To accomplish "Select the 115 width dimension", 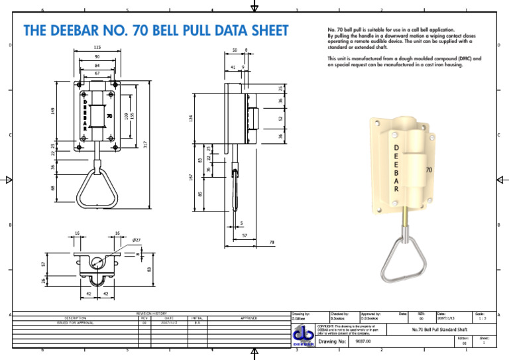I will point(97,48).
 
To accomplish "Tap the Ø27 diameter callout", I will point(137,239).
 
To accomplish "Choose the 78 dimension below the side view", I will point(271,243).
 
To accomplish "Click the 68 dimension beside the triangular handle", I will point(53,188).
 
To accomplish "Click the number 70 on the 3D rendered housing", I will point(429,170).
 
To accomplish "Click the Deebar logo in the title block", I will point(303,335).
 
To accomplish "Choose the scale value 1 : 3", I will point(479,318).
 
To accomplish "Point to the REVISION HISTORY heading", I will point(152,313).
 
